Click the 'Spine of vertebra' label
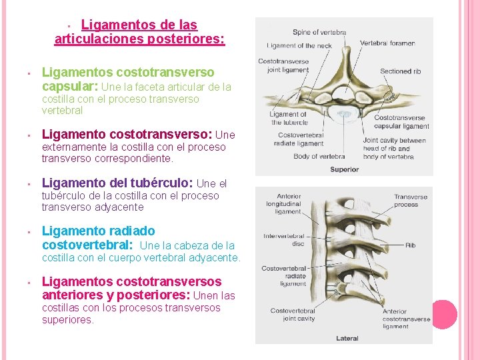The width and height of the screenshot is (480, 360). pos(319,32)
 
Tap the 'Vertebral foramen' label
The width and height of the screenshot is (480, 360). pos(387,43)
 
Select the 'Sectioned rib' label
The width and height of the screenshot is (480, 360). pos(400,71)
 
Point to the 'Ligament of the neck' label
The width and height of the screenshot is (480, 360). pos(299,46)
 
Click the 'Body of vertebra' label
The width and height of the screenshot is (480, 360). pos(320,156)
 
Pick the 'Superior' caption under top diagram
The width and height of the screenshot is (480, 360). pos(344,169)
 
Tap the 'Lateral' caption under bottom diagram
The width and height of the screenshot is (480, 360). pos(347,339)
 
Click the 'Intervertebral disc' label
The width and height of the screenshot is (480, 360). pos(283,240)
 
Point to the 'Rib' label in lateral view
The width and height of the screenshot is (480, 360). pos(410,245)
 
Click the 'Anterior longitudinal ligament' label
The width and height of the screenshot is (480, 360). pos(289,205)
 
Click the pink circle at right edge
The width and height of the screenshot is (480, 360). pos(443,314)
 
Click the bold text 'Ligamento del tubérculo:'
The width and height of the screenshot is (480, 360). pos(117,183)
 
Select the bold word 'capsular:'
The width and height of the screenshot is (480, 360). pos(70,87)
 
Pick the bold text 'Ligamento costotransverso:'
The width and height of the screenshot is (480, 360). pos(127,135)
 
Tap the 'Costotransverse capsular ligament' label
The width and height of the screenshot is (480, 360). pos(401,122)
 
